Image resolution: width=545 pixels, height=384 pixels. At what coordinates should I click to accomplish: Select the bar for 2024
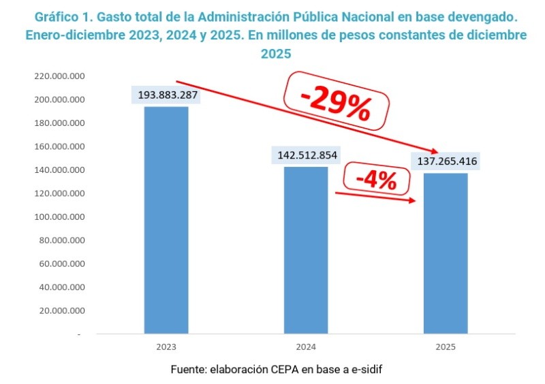(x=306, y=250)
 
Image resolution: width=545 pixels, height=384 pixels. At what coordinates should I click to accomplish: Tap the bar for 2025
(x=445, y=253)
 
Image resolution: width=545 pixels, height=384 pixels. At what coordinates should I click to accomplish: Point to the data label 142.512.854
(x=307, y=155)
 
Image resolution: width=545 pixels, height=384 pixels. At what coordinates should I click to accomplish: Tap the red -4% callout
(x=376, y=180)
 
